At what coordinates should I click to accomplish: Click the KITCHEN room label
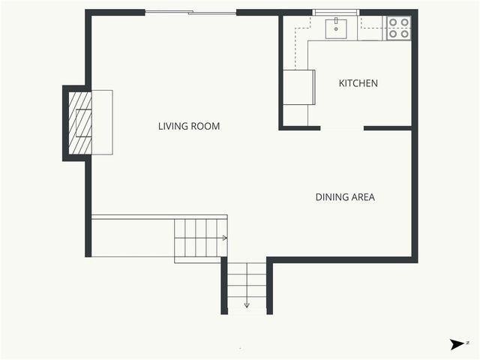tap(358, 83)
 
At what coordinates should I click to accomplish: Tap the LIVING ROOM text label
tap(189, 126)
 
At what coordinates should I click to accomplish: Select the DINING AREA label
tap(344, 197)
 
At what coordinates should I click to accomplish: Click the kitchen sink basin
tap(336, 29)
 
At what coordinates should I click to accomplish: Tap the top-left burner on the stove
tap(393, 22)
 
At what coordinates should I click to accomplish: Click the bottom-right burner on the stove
tap(404, 34)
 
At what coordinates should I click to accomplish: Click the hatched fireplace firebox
tap(80, 122)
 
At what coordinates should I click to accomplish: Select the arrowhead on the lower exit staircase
tap(247, 305)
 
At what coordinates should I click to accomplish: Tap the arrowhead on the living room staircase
tap(224, 238)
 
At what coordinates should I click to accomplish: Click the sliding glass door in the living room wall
tap(190, 12)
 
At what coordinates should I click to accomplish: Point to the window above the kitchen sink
tap(335, 12)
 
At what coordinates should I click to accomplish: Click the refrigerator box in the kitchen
tap(298, 88)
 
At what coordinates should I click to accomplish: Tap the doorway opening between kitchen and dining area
tap(342, 128)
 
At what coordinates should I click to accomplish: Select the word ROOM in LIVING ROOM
tap(206, 126)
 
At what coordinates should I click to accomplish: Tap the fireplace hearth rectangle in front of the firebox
tap(102, 122)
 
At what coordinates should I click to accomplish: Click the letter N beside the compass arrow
tap(467, 342)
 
